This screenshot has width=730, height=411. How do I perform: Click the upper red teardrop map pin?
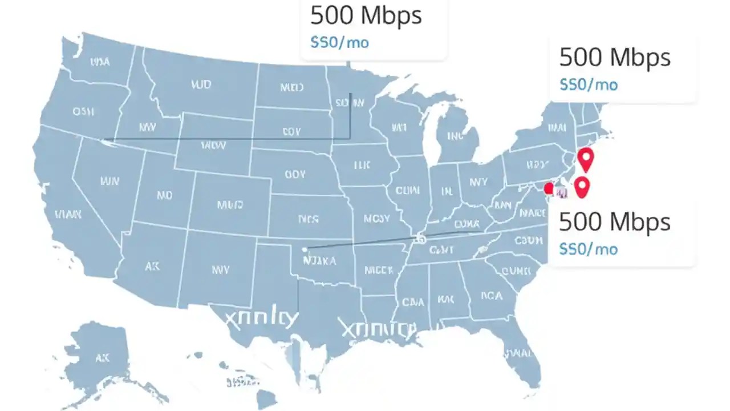coord(586,158)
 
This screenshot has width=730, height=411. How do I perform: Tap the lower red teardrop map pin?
coord(581,186)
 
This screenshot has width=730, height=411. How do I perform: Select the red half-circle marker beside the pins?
coord(549,188)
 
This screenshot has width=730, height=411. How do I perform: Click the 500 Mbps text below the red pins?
coord(614,222)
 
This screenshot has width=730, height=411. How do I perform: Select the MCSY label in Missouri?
coord(376,218)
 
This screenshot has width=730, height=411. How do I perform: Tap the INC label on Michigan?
coord(455,136)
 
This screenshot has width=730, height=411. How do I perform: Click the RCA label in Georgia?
coord(491,296)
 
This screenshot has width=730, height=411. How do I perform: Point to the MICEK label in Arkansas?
coord(378,269)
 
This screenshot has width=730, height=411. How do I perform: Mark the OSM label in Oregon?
coord(83,112)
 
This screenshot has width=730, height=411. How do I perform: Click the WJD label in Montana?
coord(200,85)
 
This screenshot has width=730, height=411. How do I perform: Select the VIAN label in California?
coord(68,215)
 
